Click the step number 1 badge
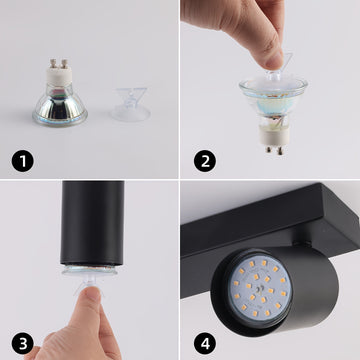pyautogui.click(x=23, y=161)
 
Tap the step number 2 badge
pyautogui.click(x=205, y=161)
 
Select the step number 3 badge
pyautogui.click(x=23, y=343)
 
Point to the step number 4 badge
pyautogui.click(x=205, y=343)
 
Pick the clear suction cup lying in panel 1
pyautogui.click(x=131, y=104)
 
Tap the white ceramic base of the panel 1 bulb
pyautogui.click(x=59, y=76)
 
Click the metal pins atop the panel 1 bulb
pyautogui.click(x=58, y=63)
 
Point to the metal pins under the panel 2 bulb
pyautogui.click(x=274, y=150)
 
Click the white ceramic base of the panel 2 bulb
pyautogui.click(x=274, y=137)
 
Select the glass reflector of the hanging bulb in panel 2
pyautogui.click(x=273, y=100)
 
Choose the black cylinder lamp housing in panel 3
pyautogui.click(x=92, y=223)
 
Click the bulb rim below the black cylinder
pyautogui.click(x=90, y=270)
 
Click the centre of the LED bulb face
pyautogui.click(x=259, y=288)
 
